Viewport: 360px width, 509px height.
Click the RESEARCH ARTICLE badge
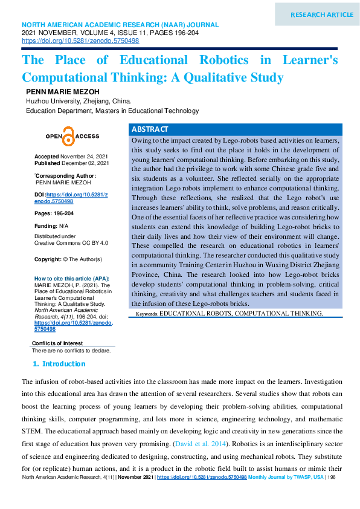pyautogui.click(x=322, y=15)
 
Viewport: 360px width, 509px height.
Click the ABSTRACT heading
pyautogui.click(x=150, y=130)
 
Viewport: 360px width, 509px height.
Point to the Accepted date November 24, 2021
pyautogui.click(x=84, y=157)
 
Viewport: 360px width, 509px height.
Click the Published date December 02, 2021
pyautogui.click(x=85, y=163)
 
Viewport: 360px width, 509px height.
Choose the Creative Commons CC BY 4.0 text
pyautogui.click(x=71, y=242)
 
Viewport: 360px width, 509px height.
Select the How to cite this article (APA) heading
pyautogui.click(x=72, y=278)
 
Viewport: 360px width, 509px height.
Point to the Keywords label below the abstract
pyautogui.click(x=146, y=314)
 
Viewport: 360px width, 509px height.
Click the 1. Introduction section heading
pyautogui.click(x=59, y=364)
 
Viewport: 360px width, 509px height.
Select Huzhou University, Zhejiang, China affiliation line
pyautogui.click(x=79, y=102)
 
